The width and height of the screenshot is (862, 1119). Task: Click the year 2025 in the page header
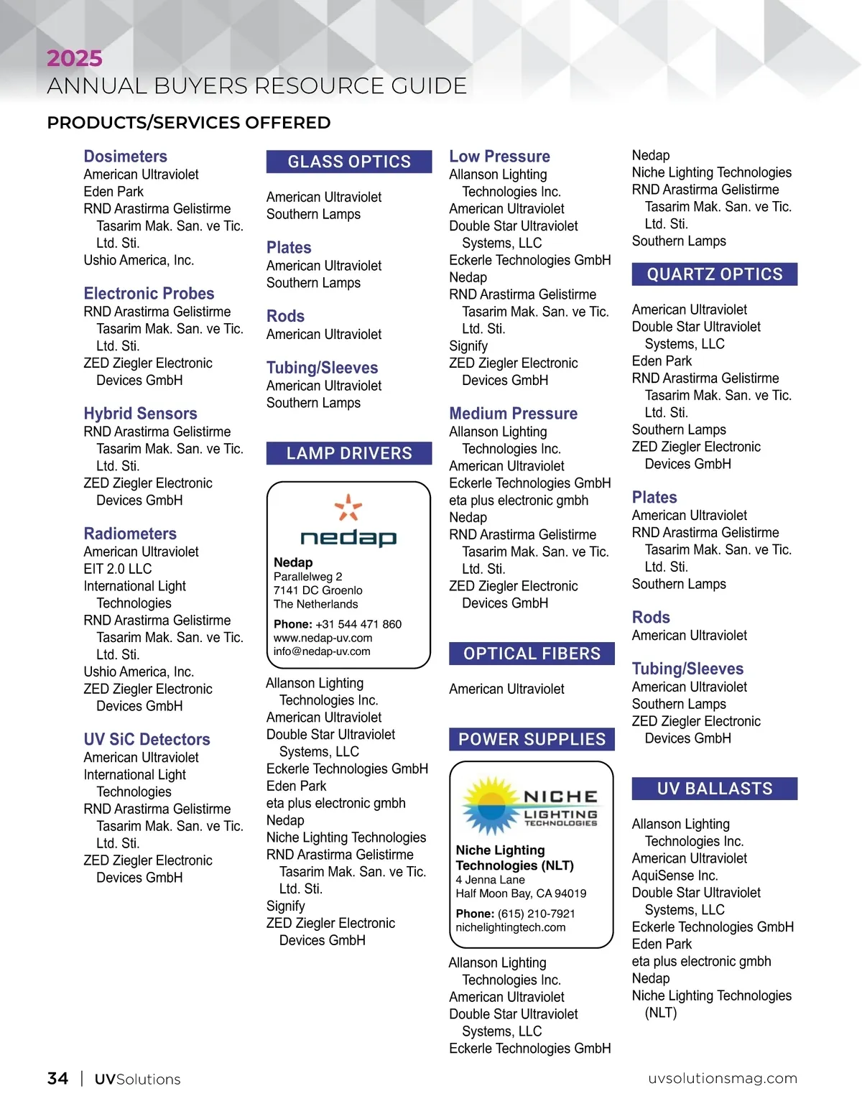pos(75,58)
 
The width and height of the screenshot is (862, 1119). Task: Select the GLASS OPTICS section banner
pos(349,162)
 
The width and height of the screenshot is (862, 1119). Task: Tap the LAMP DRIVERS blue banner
pos(349,453)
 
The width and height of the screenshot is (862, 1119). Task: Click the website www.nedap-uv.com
pos(323,638)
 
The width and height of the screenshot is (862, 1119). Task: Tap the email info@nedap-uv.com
pos(322,651)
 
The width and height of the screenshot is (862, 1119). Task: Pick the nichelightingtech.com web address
pos(510,927)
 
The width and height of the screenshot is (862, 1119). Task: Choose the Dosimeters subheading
pos(125,157)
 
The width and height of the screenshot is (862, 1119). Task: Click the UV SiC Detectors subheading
pos(147,740)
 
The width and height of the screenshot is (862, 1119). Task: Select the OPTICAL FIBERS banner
pos(532,654)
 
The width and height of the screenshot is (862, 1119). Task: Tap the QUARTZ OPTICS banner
pos(715,274)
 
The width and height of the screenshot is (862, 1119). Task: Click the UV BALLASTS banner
pos(715,789)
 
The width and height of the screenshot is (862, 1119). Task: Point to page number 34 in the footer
pos(57,1079)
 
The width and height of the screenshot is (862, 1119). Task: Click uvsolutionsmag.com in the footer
pos(722,1079)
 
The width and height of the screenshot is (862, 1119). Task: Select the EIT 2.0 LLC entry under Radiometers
pos(118,569)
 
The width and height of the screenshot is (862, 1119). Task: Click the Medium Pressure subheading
pos(513,414)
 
